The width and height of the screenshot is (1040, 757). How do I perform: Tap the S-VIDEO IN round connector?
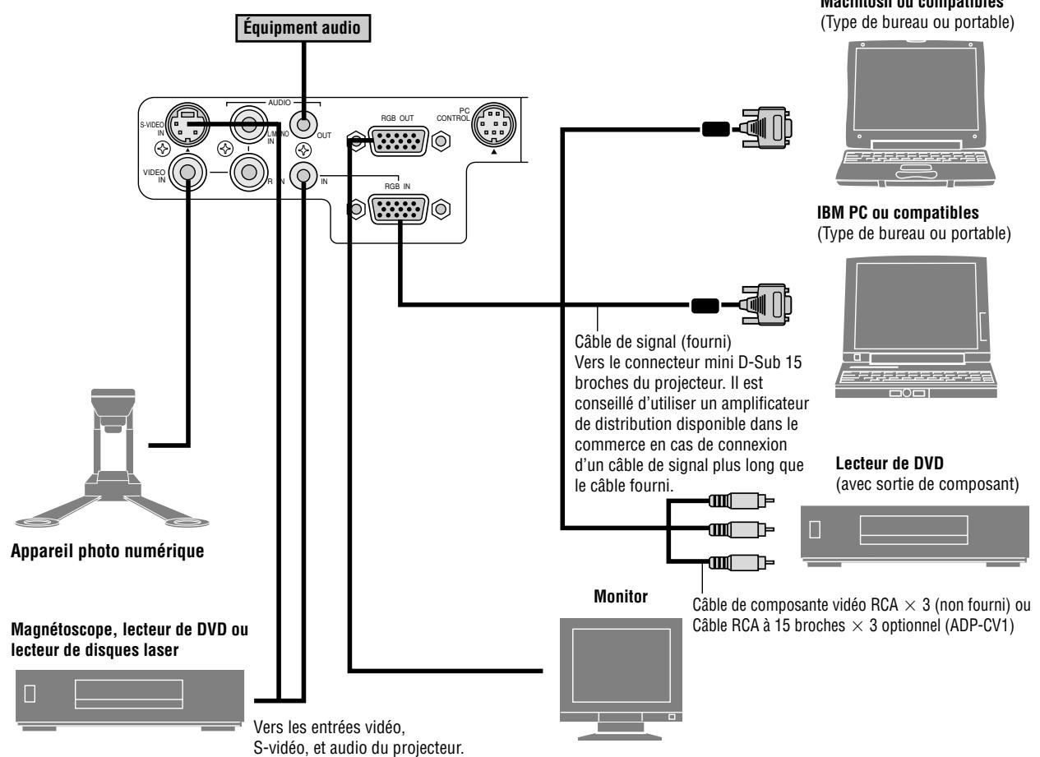pyautogui.click(x=187, y=124)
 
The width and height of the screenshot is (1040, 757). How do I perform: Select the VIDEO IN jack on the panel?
pyautogui.click(x=187, y=173)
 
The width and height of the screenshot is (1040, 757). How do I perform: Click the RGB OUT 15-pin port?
pyautogui.click(x=398, y=141)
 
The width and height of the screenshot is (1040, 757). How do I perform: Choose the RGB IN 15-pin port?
pyautogui.click(x=398, y=210)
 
